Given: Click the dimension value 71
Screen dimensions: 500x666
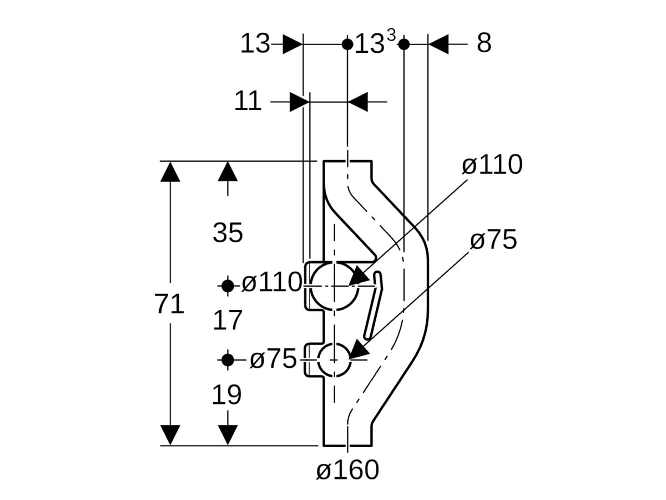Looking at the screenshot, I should point(170,305).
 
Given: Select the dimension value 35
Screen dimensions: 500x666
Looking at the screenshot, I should point(228,233).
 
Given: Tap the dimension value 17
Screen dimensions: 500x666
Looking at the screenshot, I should point(228,321).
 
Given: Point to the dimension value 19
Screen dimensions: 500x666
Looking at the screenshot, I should point(227,395).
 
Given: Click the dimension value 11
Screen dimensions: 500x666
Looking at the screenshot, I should point(248,102).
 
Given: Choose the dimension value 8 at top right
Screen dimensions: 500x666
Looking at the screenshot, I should point(484,43).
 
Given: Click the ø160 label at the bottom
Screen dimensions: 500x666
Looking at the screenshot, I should point(347,470).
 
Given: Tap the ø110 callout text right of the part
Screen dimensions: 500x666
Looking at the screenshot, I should point(492,165).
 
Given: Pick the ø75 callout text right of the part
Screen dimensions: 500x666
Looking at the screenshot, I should point(493,241).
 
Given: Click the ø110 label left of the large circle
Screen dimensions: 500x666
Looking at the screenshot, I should point(271,283).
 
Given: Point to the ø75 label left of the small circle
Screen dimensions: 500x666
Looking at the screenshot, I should point(273,359).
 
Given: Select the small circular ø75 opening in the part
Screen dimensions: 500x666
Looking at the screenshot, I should point(334,360).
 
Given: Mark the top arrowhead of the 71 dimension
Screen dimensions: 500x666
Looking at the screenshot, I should point(170,172).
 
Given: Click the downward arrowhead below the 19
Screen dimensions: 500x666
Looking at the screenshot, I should point(228,434).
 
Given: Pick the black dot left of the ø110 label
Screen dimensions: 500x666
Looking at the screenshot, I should point(228,286).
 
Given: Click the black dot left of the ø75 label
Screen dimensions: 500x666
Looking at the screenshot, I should point(228,360).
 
